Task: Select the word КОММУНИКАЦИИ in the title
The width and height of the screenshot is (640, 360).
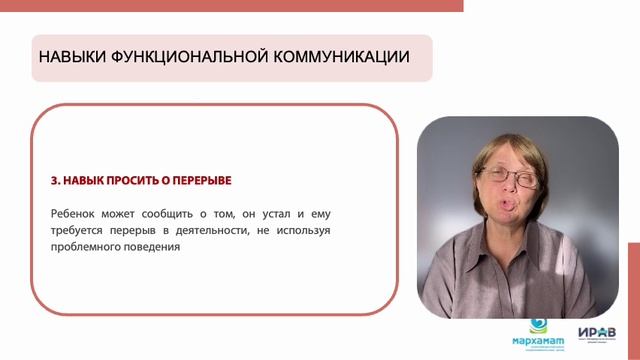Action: pos(341,57)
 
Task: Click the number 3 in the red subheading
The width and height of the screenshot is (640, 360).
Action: pos(53,181)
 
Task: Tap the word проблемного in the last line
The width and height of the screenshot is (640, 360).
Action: pos(85,248)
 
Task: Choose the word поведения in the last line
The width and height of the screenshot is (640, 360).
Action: pos(153,248)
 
